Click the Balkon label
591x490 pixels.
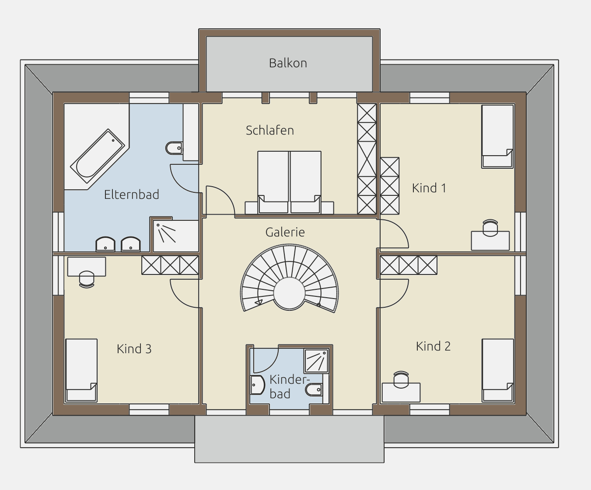coord(288,63)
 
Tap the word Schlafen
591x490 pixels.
coord(270,130)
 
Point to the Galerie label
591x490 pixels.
coord(285,232)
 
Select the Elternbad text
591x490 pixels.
coord(132,195)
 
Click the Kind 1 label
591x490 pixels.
coord(429,188)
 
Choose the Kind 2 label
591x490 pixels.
coord(433,346)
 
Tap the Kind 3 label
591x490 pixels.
coord(134,349)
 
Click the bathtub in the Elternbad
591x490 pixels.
coord(98,156)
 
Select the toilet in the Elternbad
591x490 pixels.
coord(174,148)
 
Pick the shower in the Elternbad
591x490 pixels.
coord(176,236)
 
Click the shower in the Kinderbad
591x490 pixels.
coord(316,361)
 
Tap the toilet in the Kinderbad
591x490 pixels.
coord(314,389)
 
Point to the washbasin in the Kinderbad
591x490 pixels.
coord(257,385)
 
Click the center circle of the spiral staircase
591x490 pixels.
coord(289,293)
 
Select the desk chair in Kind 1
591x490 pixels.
coord(490,228)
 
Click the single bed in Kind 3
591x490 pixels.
coord(81,370)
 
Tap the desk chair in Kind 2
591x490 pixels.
coord(401,380)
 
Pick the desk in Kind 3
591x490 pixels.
coord(87,267)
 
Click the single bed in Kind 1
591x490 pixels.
coord(497,137)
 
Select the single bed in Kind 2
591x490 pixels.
coord(498,370)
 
